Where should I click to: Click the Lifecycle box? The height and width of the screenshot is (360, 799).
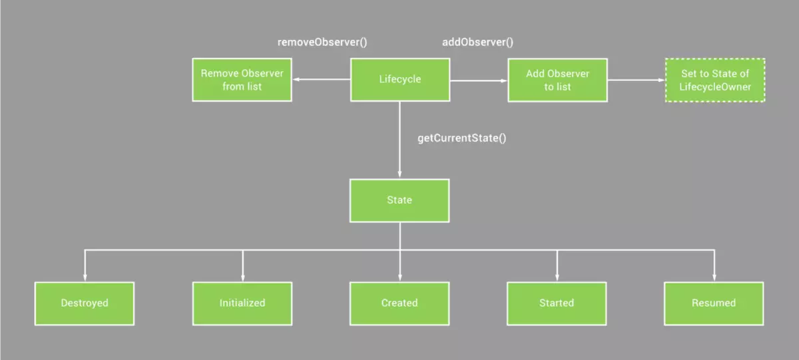pyautogui.click(x=400, y=79)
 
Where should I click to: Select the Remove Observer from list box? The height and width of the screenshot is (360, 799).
pyautogui.click(x=242, y=80)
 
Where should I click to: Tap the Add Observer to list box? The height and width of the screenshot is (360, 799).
pyautogui.click(x=557, y=80)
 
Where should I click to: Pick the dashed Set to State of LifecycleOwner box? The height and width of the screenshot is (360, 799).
pyautogui.click(x=715, y=80)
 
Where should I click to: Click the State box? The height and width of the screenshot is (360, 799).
pyautogui.click(x=400, y=200)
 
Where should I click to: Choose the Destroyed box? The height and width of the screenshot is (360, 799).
pyautogui.click(x=85, y=303)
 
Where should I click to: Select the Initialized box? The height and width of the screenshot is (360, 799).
pyautogui.click(x=242, y=303)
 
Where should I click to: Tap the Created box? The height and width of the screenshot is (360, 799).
pyautogui.click(x=400, y=303)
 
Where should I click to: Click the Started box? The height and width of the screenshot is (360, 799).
pyautogui.click(x=557, y=303)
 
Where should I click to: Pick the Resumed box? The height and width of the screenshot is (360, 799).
pyautogui.click(x=714, y=303)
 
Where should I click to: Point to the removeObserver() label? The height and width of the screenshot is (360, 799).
pyautogui.click(x=322, y=43)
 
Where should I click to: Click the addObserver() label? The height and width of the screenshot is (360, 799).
pyautogui.click(x=478, y=43)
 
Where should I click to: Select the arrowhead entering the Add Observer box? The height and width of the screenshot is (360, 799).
pyautogui.click(x=503, y=80)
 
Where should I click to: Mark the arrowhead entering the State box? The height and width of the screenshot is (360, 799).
pyautogui.click(x=400, y=174)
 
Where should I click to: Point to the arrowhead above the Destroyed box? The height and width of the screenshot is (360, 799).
pyautogui.click(x=85, y=277)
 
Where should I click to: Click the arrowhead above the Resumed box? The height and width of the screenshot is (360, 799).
pyautogui.click(x=714, y=277)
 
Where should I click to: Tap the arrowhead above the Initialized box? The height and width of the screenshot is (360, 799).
pyautogui.click(x=242, y=277)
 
